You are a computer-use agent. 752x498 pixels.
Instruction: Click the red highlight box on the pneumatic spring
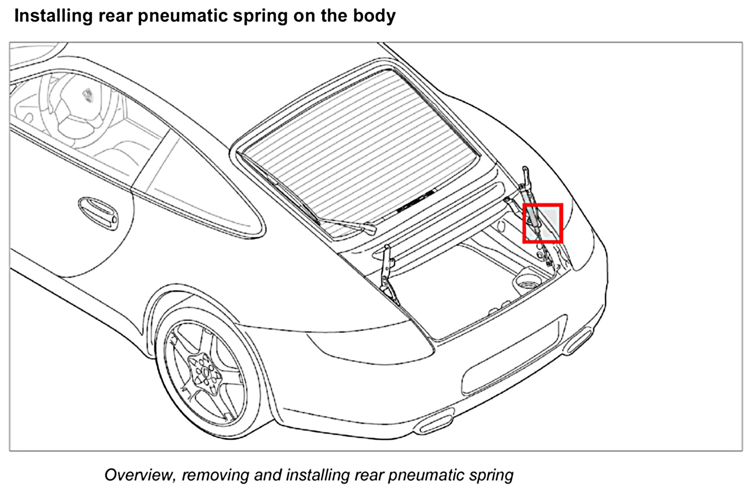point(543,223)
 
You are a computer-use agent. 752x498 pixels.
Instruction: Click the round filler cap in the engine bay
point(527,280)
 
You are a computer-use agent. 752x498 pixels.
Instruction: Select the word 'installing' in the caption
point(317,475)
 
